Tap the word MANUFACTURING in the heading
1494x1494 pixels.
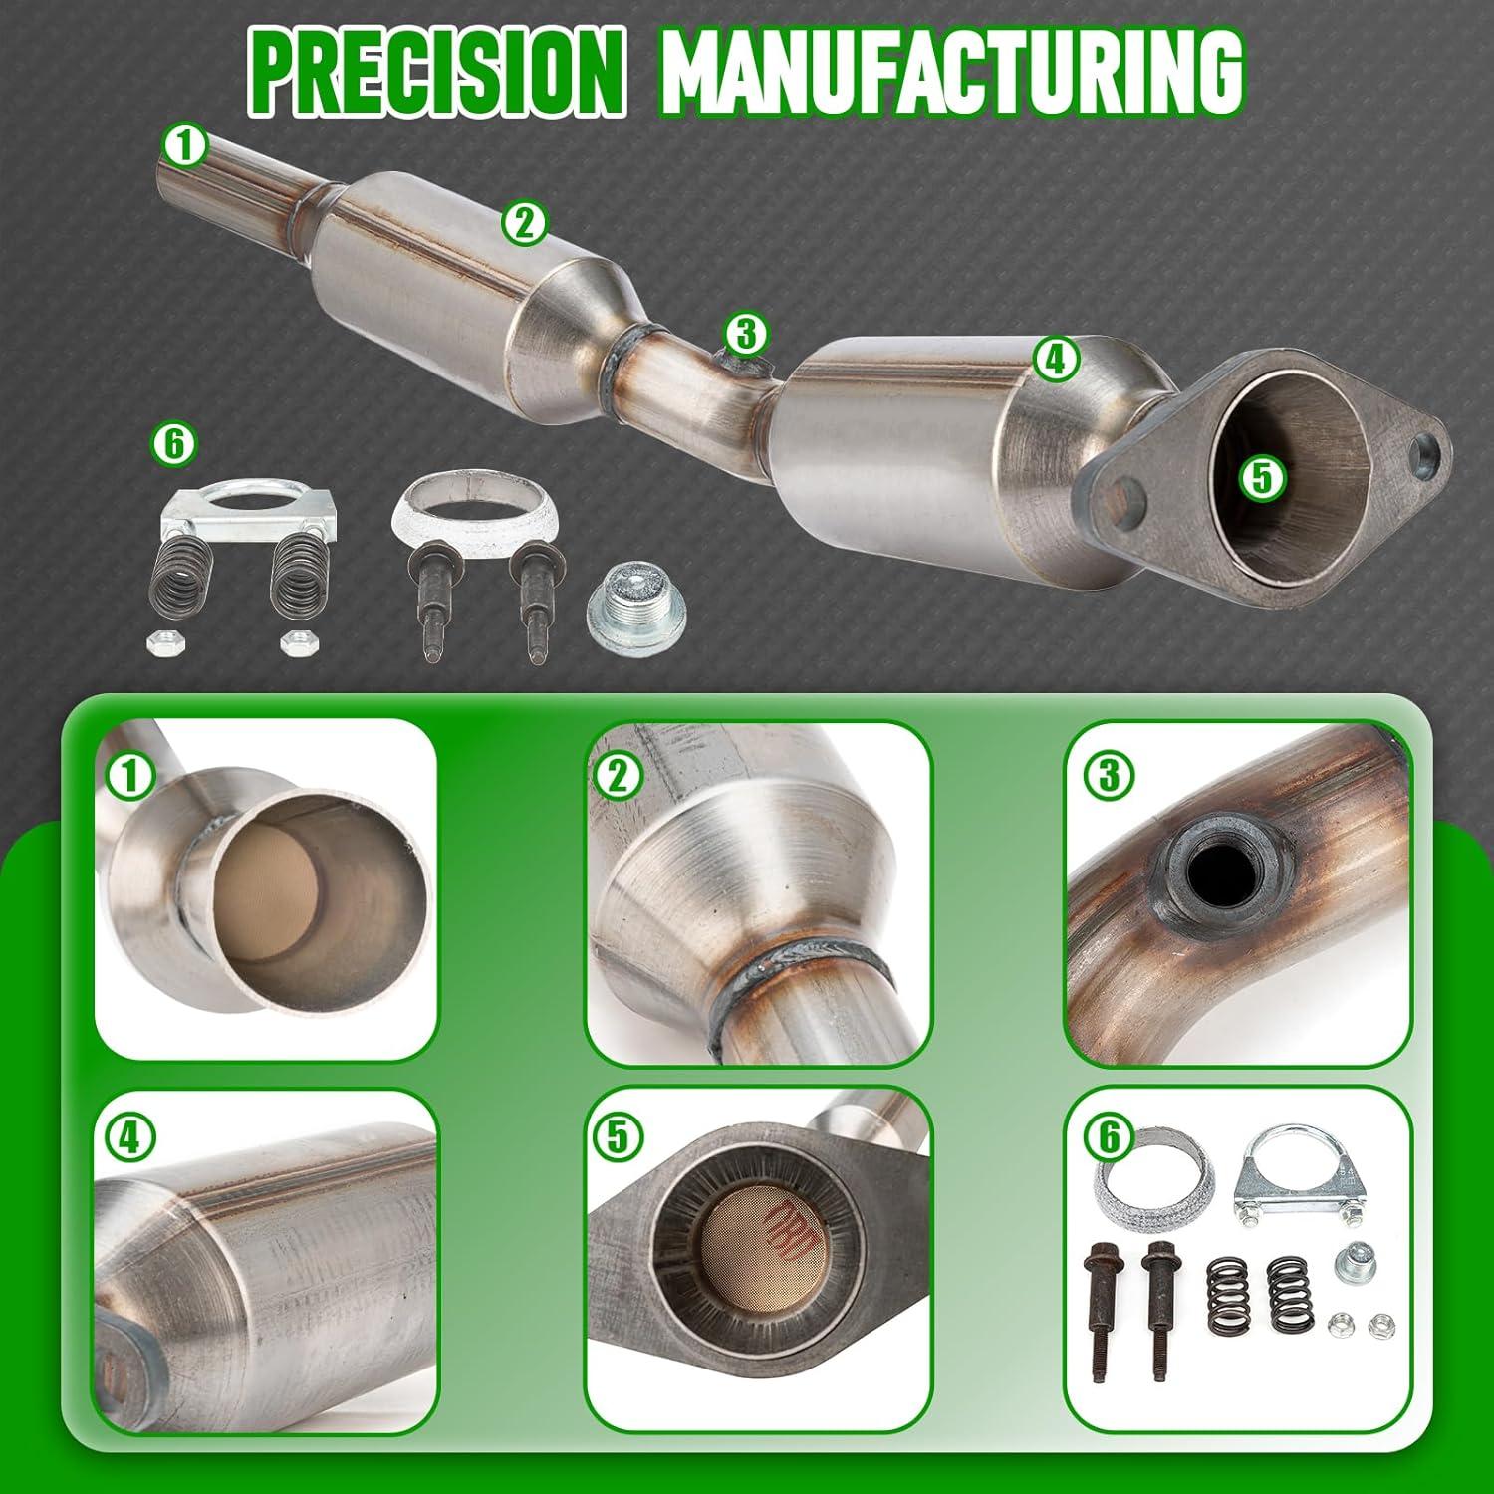coord(952,72)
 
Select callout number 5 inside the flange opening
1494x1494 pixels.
coord(1261,478)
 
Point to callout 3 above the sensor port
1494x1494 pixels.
coord(746,335)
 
